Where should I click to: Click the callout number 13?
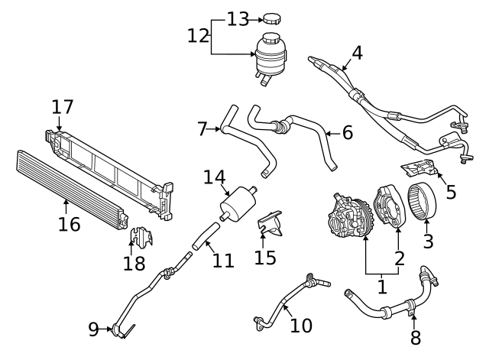coord(238,18)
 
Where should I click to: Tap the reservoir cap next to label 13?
coord(274,18)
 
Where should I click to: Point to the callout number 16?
coord(70,224)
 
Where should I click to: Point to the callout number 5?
coord(451,191)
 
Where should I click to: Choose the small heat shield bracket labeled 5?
coord(418,170)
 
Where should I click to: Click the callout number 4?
coord(356,54)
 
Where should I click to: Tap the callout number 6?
coord(347,131)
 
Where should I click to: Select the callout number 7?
coord(202,129)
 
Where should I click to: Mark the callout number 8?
coord(416,336)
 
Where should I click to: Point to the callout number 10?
coord(301,325)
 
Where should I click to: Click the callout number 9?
coord(93,329)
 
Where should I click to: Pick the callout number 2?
coord(399,258)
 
